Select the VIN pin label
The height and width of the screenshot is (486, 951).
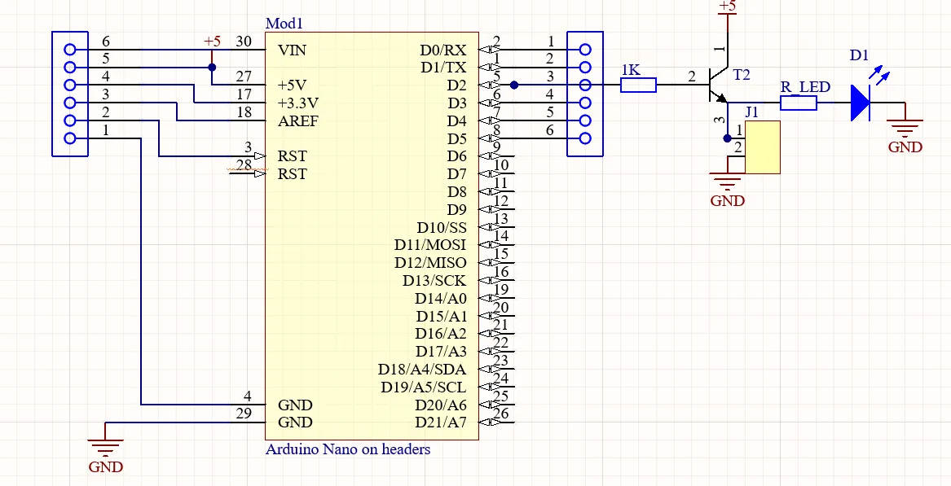(293, 50)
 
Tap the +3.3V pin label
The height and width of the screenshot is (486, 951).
(298, 103)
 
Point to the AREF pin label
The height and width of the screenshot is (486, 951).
(298, 121)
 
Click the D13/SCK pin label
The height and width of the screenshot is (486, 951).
(434, 281)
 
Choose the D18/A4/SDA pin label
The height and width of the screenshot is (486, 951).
(422, 370)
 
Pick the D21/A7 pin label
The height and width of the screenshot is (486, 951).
(440, 423)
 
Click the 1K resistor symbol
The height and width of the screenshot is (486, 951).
(638, 85)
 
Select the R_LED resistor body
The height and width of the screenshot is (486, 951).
(799, 103)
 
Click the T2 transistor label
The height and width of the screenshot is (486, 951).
(742, 75)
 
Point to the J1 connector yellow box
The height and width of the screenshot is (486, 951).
(763, 147)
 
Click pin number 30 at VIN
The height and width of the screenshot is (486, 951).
(244, 42)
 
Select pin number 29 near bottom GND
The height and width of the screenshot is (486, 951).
(244, 414)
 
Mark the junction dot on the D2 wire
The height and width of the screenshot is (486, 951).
(513, 85)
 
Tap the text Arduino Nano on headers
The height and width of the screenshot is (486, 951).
(348, 449)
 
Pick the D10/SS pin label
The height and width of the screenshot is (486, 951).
(442, 228)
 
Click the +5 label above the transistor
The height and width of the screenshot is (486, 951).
(727, 7)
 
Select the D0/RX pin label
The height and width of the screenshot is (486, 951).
(444, 50)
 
